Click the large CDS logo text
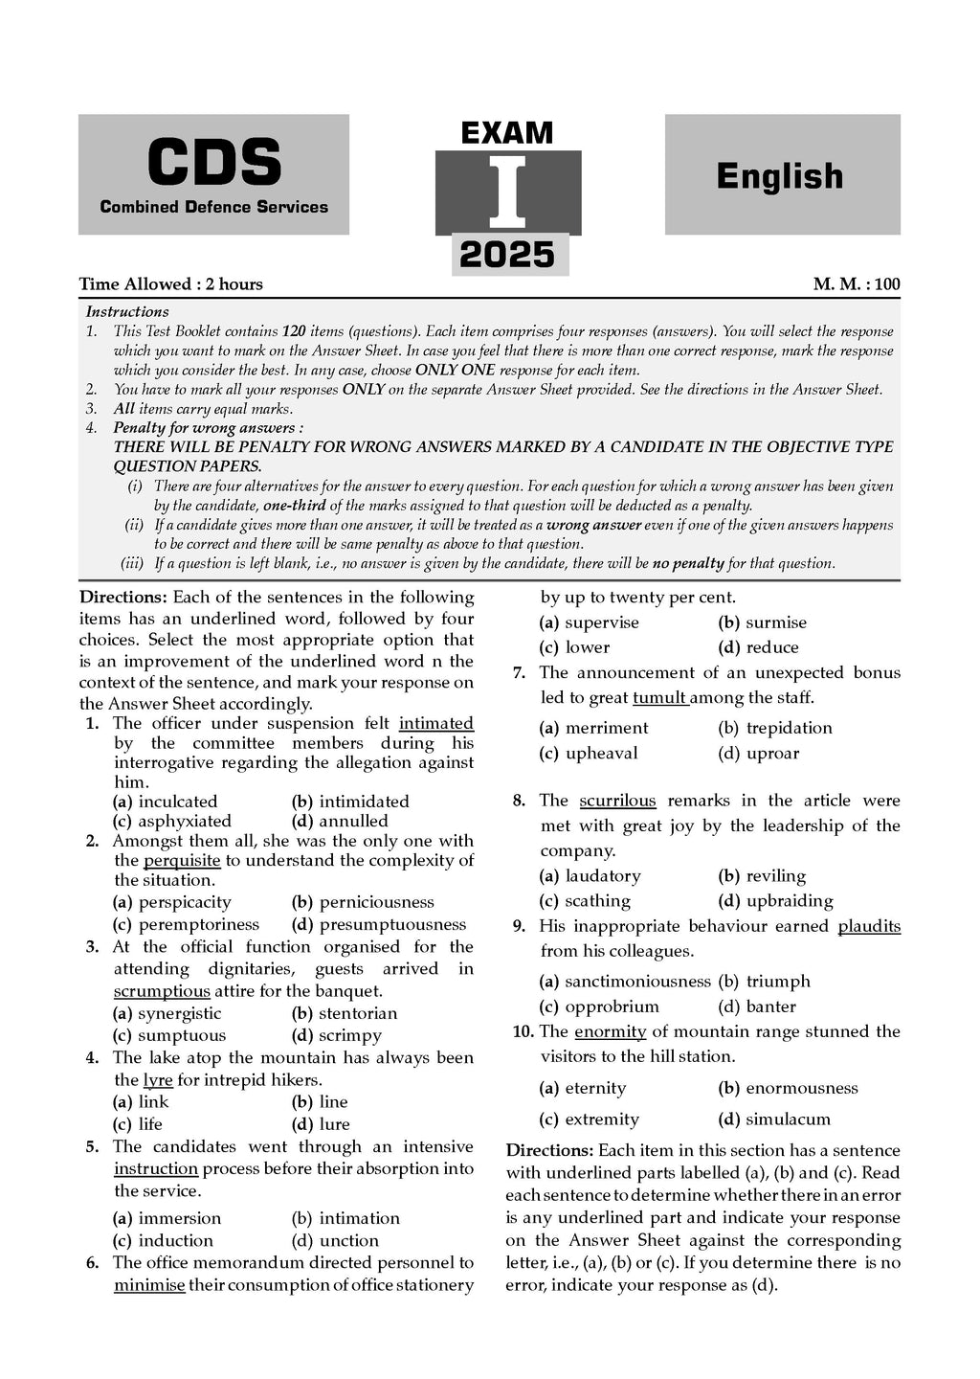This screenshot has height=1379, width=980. [213, 163]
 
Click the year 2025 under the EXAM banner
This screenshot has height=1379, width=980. [507, 255]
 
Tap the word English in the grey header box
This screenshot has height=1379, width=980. [780, 176]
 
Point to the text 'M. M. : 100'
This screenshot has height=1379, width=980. [857, 283]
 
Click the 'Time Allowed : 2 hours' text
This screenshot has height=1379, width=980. [170, 283]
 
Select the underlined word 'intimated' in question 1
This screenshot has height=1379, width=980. [436, 723]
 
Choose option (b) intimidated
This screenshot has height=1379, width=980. [363, 802]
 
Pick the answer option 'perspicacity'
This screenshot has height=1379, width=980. [185, 902]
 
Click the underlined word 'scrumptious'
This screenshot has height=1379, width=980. [162, 991]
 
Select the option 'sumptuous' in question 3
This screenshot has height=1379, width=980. [182, 1035]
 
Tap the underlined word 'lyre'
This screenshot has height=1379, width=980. [158, 1080]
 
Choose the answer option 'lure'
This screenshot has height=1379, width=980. [334, 1124]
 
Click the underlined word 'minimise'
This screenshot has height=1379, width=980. [149, 1285]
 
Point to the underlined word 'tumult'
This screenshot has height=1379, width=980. [659, 697]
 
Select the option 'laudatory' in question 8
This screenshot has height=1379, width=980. [603, 875]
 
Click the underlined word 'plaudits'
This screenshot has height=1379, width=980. [869, 926]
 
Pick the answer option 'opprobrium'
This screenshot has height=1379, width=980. [612, 1006]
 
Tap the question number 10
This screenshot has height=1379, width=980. [523, 1031]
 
